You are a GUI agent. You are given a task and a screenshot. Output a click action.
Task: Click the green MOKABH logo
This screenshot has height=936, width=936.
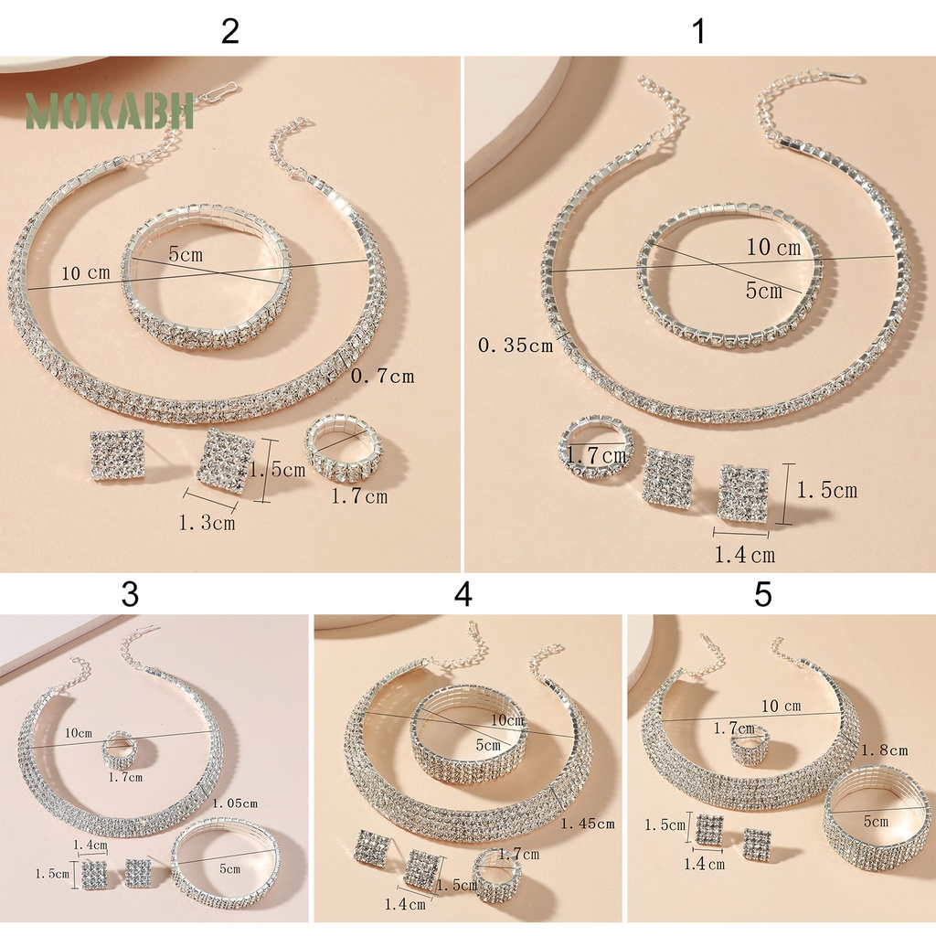coord(110,111)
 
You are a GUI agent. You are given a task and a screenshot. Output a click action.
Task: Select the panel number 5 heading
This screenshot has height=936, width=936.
coord(763,595)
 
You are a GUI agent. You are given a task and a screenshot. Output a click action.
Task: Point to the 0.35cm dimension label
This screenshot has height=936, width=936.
coord(515,346)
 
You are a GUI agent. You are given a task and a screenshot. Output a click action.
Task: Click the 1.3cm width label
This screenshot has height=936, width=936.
coord(206,523)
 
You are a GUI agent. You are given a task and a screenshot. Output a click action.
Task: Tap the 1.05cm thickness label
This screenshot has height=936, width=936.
coord(234,803)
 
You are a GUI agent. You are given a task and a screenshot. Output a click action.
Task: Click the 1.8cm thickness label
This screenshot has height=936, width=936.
coord(884,750)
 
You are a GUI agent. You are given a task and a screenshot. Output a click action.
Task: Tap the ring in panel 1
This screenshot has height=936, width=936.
coord(595,447)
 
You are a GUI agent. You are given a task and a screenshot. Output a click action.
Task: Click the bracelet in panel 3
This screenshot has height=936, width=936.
coord(225,861)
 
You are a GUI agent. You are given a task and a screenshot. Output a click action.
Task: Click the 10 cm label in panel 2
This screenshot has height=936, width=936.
coord(86,273)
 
